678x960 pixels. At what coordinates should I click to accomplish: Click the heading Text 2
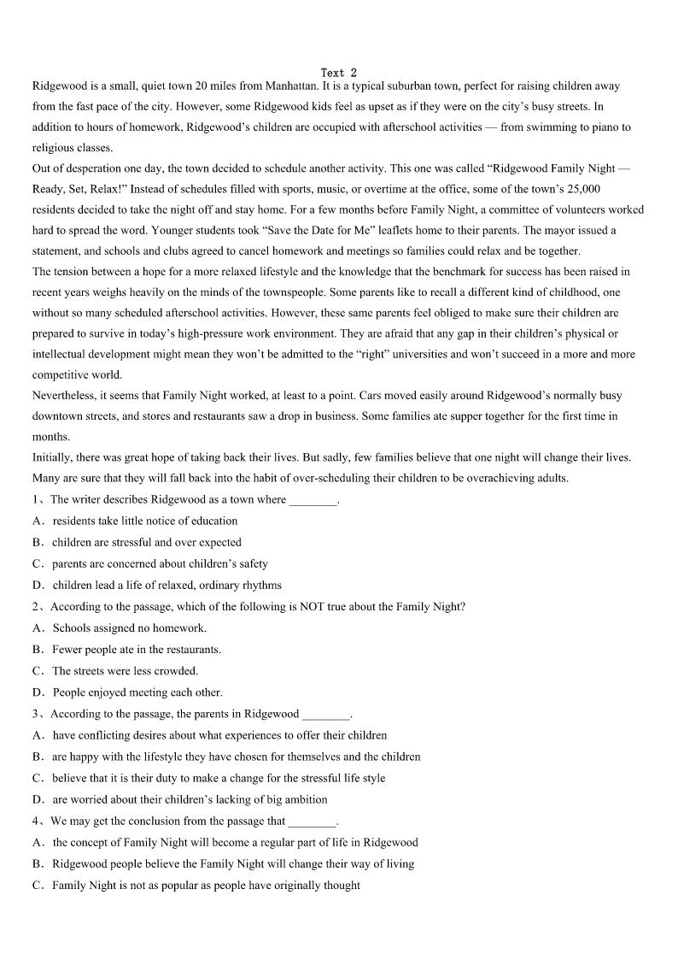click(339, 73)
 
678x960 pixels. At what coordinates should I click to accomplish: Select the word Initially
click(53, 457)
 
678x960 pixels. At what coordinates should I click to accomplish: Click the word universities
click(422, 355)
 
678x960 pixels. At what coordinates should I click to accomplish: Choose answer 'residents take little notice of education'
click(145, 521)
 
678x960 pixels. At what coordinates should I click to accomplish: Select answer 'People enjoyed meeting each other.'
click(137, 692)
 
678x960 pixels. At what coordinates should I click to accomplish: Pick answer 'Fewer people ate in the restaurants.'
click(137, 650)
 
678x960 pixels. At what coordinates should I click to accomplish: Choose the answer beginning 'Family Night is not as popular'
click(206, 886)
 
